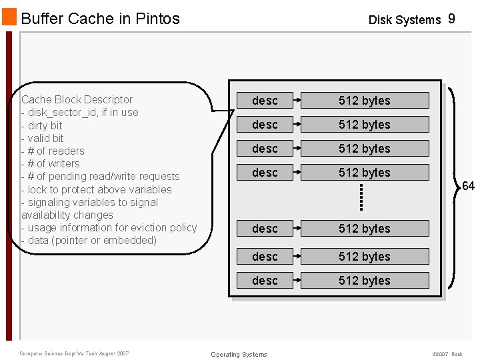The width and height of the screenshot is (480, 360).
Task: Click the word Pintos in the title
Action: coord(158,19)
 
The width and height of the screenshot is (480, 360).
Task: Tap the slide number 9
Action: coord(451,19)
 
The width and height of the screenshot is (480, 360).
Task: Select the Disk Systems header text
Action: coord(405,20)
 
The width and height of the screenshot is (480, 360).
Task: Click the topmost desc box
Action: coord(265,101)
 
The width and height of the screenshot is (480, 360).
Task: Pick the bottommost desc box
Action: coord(265,281)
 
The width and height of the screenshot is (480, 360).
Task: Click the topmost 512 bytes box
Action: coord(365,101)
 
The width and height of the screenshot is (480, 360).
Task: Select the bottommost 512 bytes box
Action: coord(365,281)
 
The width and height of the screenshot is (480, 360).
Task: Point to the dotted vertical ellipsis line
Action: coord(361,197)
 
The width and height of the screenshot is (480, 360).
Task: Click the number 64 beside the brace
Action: coord(468,186)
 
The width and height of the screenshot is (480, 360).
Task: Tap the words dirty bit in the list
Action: coord(45,125)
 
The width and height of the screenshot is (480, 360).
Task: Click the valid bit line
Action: coord(45,138)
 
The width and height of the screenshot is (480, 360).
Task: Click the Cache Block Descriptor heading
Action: coord(77,100)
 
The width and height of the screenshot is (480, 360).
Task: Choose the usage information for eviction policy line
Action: coord(112,228)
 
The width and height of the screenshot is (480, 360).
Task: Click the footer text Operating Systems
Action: coord(239,355)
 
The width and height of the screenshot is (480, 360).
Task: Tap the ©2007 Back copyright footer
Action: coord(447,354)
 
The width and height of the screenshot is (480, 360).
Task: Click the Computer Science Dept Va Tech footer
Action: coord(74,353)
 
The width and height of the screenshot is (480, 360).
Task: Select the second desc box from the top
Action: coord(265,125)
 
